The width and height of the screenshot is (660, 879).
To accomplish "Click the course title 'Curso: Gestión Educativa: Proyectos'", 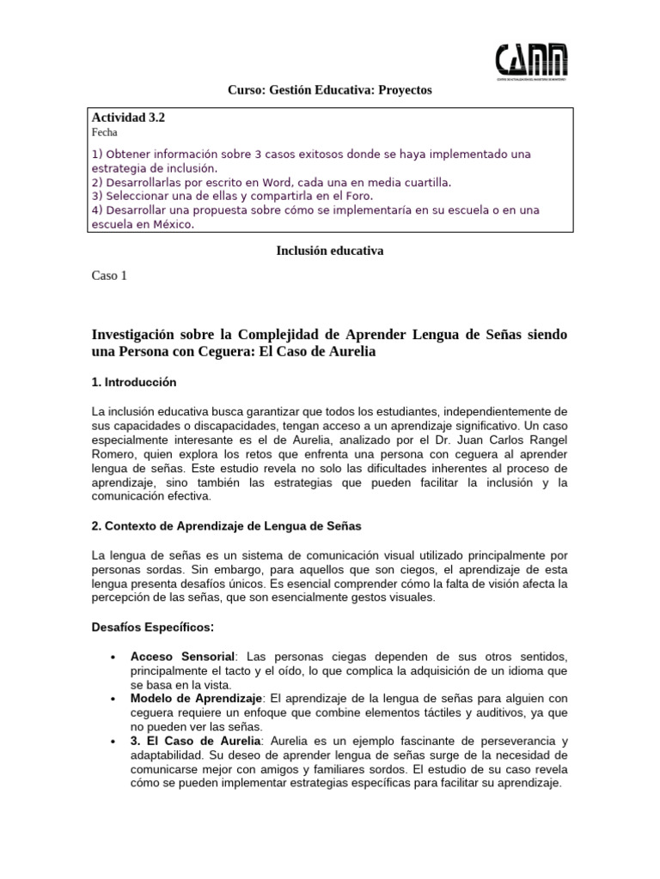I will click(x=329, y=89).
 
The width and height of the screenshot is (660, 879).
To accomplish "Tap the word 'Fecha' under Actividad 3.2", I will click(x=104, y=133).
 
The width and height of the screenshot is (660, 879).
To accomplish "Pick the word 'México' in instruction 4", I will click(x=168, y=225).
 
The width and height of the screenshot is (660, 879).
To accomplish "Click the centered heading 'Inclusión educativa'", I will click(x=329, y=251).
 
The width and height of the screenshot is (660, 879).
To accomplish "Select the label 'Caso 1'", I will click(x=108, y=276).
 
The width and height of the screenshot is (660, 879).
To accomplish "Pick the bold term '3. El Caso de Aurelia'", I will click(x=194, y=741).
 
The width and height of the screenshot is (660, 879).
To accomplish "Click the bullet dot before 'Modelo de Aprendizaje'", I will click(x=114, y=700).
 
